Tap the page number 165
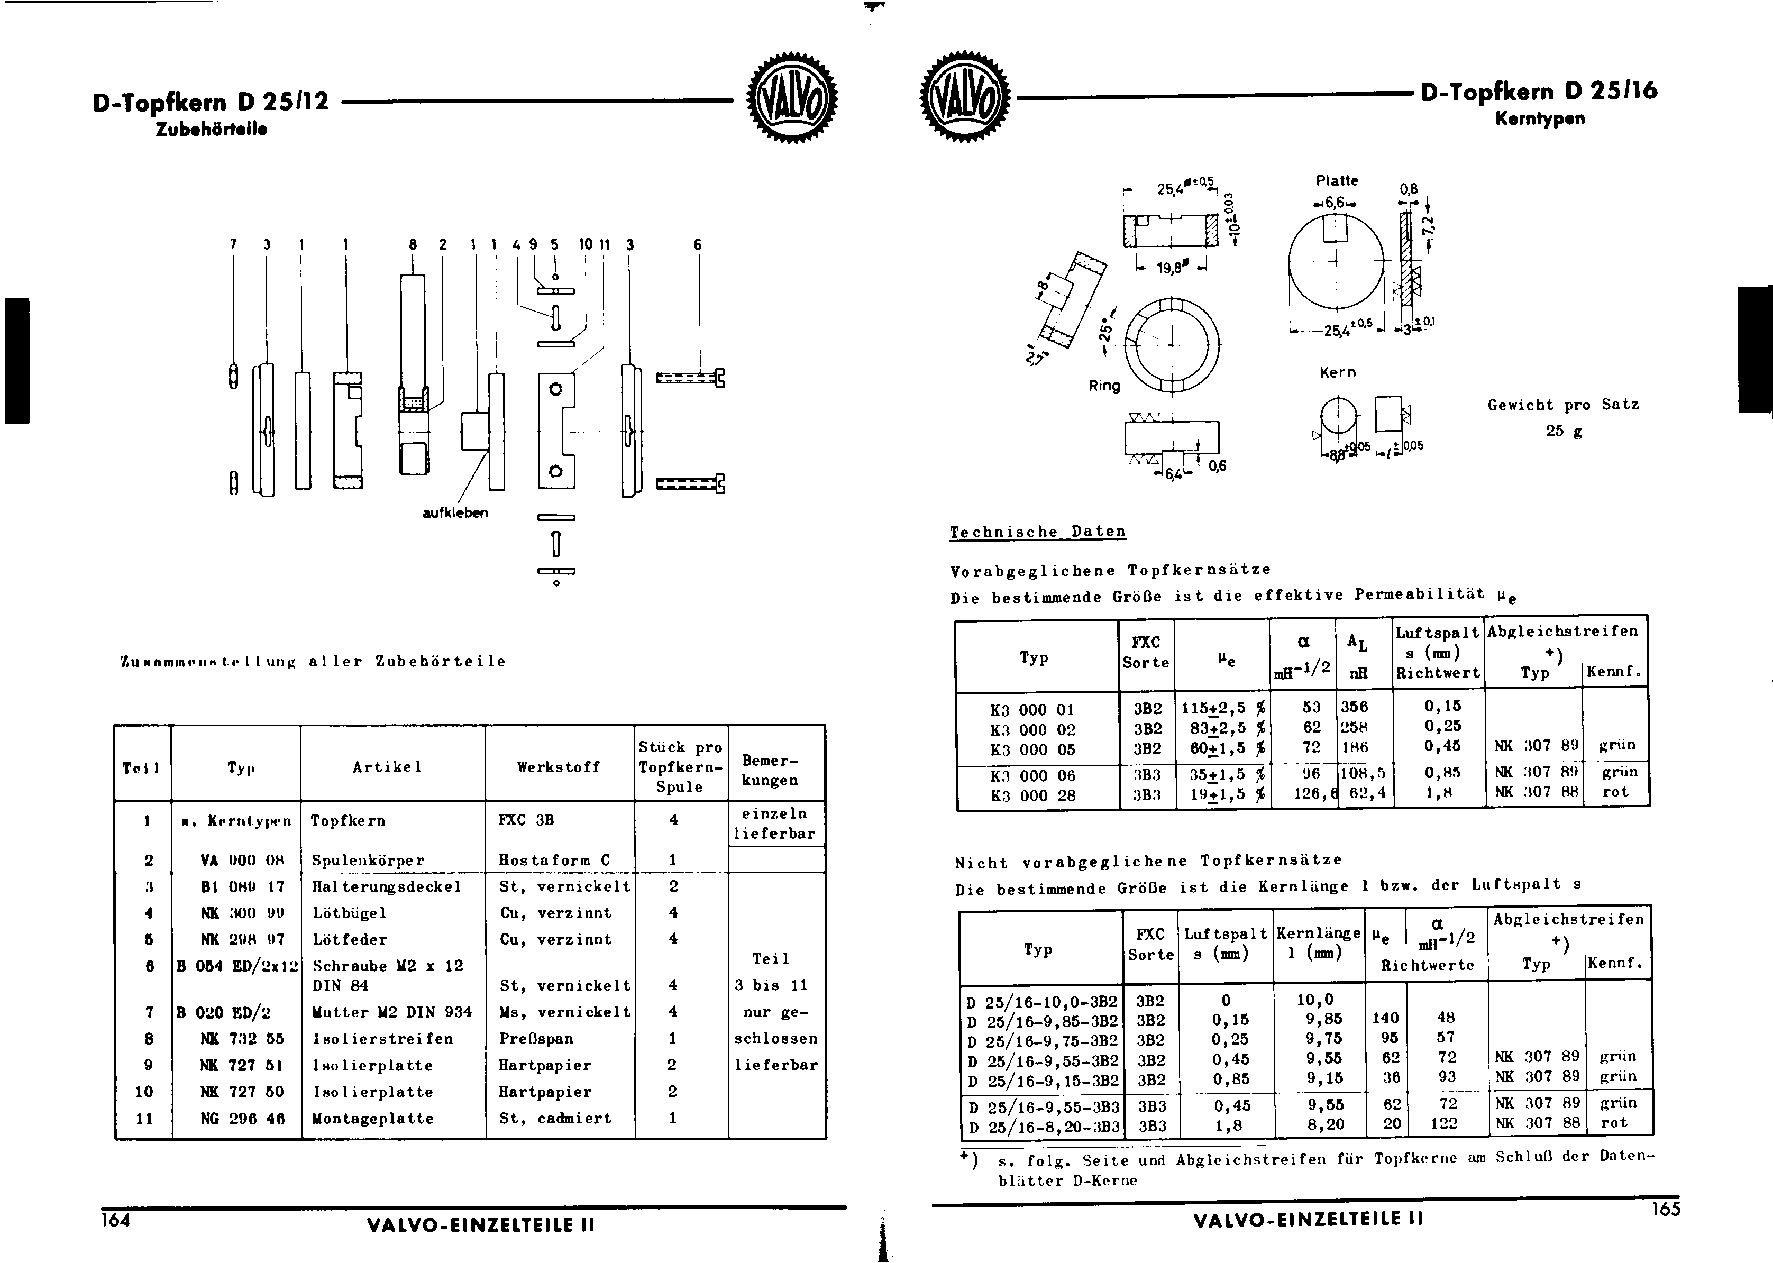pyautogui.click(x=1666, y=1209)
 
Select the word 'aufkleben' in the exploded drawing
pyautogui.click(x=455, y=513)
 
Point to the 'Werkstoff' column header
pyautogui.click(x=559, y=767)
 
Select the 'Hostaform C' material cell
pyautogui.click(x=554, y=860)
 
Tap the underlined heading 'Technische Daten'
pyautogui.click(x=1037, y=532)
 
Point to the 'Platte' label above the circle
pyautogui.click(x=1337, y=180)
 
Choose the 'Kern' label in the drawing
pyautogui.click(x=1338, y=372)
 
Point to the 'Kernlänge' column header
pyautogui.click(x=1318, y=933)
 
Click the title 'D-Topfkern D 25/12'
pyautogui.click(x=210, y=102)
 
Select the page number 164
pyautogui.click(x=115, y=1220)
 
